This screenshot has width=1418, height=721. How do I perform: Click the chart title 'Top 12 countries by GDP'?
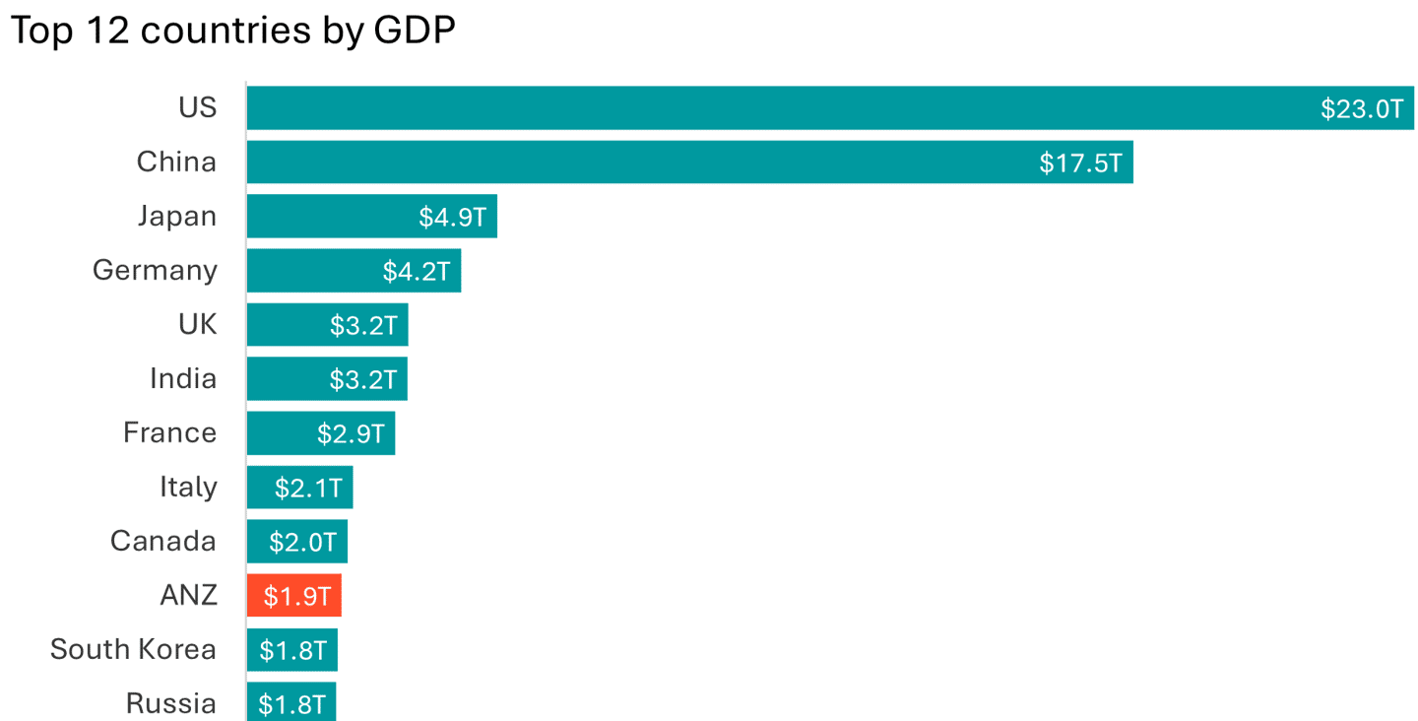coord(232,32)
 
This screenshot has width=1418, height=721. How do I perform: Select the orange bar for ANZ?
coord(293,596)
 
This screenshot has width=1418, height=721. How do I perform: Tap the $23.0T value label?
coord(1361,108)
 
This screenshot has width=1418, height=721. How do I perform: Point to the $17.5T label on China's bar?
coord(1080,163)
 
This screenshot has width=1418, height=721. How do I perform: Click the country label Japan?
coord(177,216)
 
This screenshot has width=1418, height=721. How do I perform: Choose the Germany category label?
coord(155,270)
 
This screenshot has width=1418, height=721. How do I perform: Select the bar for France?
coord(320,433)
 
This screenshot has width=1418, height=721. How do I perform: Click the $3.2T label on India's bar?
coord(362,379)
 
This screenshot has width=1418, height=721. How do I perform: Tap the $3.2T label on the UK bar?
coord(362,325)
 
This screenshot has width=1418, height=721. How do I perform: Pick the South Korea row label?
coord(133,649)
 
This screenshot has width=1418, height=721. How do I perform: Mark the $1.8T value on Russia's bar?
coord(291,704)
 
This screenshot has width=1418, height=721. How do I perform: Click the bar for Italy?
coord(299,488)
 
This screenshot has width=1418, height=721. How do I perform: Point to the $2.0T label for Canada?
coord(302,542)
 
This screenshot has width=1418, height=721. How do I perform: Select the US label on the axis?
coord(197,107)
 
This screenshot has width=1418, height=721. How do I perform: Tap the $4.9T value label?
coord(452,217)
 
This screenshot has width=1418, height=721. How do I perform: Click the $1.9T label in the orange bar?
coord(296,596)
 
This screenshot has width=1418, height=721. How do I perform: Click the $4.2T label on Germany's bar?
coord(416,271)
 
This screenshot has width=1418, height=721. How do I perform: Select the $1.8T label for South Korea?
coord(292,650)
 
